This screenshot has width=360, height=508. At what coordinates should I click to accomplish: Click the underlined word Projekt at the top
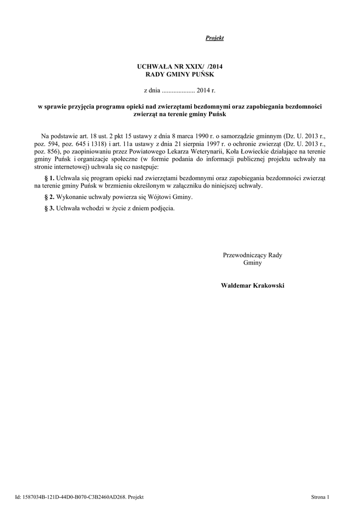pos(215,38)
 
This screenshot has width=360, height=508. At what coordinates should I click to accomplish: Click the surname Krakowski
pos(268,286)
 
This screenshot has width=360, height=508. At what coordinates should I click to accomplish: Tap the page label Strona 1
pos(320,497)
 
